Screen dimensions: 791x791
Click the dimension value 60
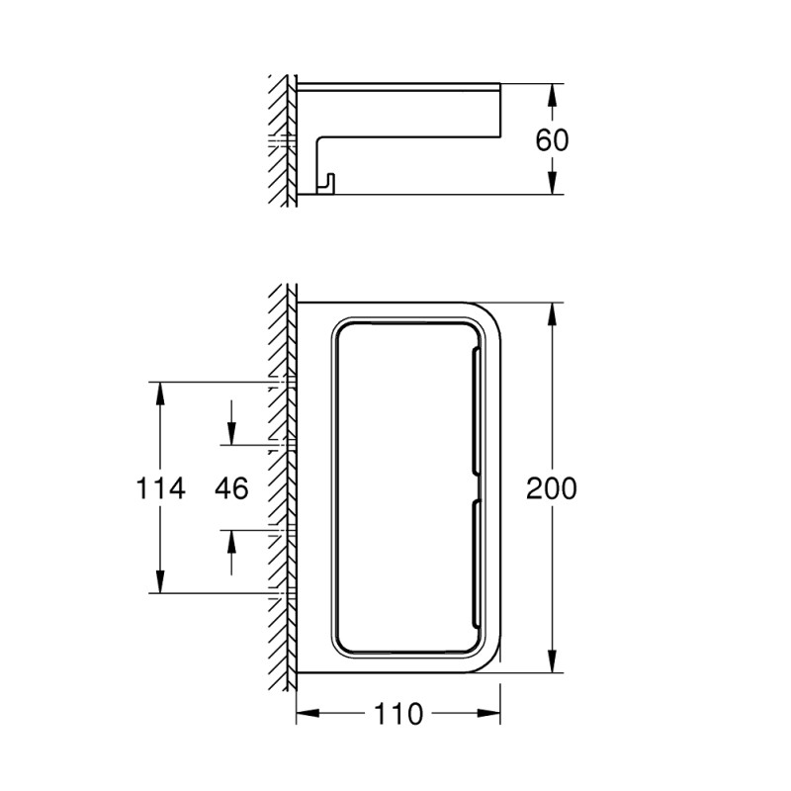pos(553,138)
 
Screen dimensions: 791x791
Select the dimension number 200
pos(552,487)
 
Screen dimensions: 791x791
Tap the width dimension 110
pos(400,713)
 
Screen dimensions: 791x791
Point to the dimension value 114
pos(159,487)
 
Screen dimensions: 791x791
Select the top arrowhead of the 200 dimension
pos(553,312)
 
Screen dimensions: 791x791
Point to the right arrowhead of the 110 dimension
pos(492,713)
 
